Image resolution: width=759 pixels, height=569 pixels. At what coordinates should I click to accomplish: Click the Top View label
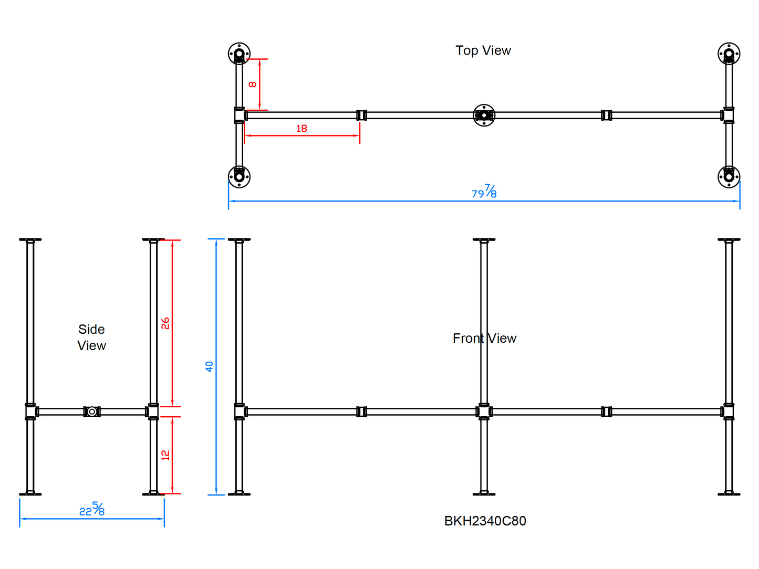483,50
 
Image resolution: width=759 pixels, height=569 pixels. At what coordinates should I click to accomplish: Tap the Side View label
91,337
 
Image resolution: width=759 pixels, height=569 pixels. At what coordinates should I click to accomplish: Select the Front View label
484,339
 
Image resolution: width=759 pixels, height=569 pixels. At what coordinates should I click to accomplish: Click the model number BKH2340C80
485,521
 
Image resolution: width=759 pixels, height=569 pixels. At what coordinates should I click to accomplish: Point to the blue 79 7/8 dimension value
484,192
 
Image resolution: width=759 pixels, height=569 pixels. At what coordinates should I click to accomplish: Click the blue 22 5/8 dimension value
92,509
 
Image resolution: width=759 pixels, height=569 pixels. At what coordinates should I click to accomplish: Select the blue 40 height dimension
209,366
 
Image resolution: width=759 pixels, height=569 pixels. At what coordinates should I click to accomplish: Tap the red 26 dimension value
165,323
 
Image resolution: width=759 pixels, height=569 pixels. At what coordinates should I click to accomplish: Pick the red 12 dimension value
165,455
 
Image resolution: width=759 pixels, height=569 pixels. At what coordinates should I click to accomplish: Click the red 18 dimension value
301,129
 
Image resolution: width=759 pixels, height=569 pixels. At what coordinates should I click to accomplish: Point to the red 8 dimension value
253,84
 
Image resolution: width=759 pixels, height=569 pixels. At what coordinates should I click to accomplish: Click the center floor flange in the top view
484,115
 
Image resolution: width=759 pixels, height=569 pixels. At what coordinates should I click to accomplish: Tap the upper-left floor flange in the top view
239,54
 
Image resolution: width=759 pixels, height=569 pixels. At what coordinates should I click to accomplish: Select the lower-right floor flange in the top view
729,176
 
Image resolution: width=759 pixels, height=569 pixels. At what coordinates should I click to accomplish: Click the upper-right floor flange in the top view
729,54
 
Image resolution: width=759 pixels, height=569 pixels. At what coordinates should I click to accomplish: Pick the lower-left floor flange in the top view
239,176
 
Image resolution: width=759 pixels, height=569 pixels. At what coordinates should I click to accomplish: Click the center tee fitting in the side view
92,412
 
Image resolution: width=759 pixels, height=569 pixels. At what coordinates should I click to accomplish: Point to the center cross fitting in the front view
484,412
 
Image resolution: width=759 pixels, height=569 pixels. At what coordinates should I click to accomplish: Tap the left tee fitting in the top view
240,115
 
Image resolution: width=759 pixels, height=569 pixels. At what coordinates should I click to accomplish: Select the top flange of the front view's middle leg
484,240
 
